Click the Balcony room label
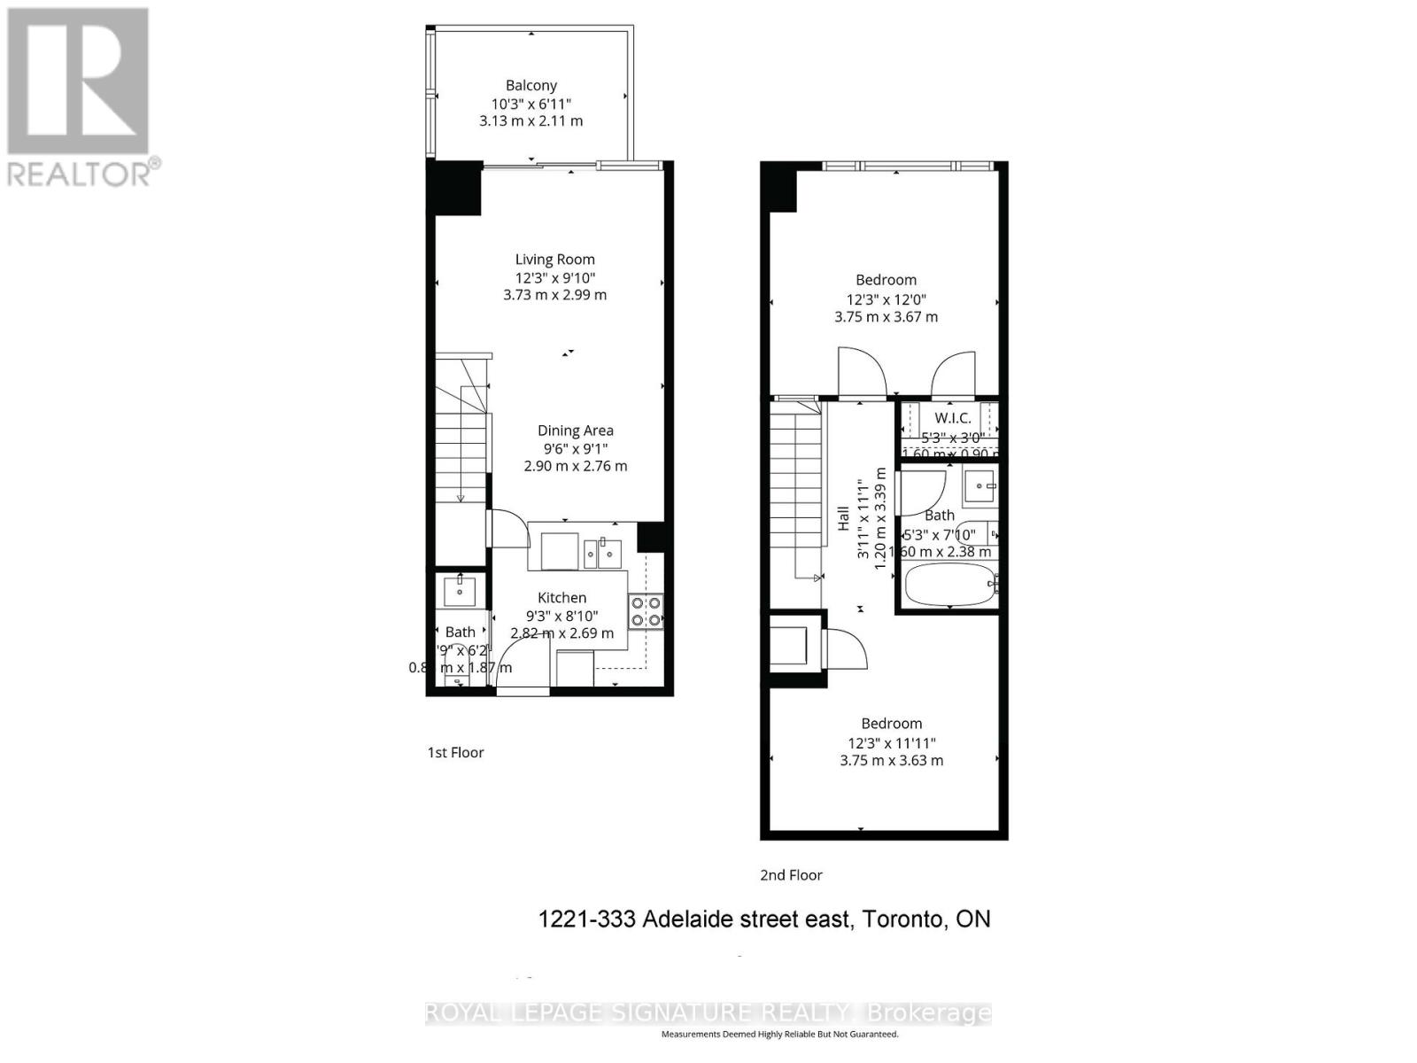point(531,86)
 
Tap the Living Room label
point(555,260)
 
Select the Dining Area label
point(576,431)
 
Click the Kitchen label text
point(561,598)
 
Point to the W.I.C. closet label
point(952,418)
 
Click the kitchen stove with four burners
point(646,611)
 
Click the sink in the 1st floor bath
point(460,589)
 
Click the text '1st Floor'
point(456,753)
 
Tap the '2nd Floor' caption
point(791,875)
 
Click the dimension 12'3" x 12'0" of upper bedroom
point(886,299)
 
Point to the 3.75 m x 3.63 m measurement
point(891,761)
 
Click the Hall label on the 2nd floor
point(843,519)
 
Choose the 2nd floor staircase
point(795,496)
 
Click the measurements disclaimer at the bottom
point(779,1034)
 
